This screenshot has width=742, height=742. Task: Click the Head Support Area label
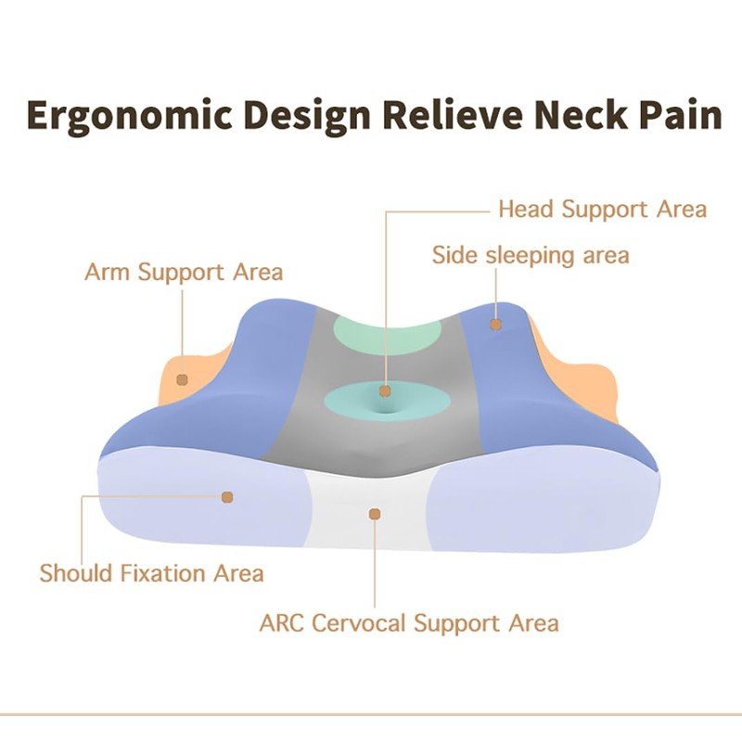[602, 209]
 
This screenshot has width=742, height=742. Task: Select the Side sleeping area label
[531, 254]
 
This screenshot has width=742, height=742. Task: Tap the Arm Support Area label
[184, 272]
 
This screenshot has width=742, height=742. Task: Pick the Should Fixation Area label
[151, 573]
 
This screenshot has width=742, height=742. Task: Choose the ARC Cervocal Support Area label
[408, 621]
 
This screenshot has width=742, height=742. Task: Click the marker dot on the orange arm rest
[183, 379]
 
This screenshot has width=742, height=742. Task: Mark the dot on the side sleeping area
[496, 325]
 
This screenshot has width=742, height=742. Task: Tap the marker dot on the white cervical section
[375, 513]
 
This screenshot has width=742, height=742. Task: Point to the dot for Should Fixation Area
[227, 497]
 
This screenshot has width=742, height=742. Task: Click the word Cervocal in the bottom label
[360, 621]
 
